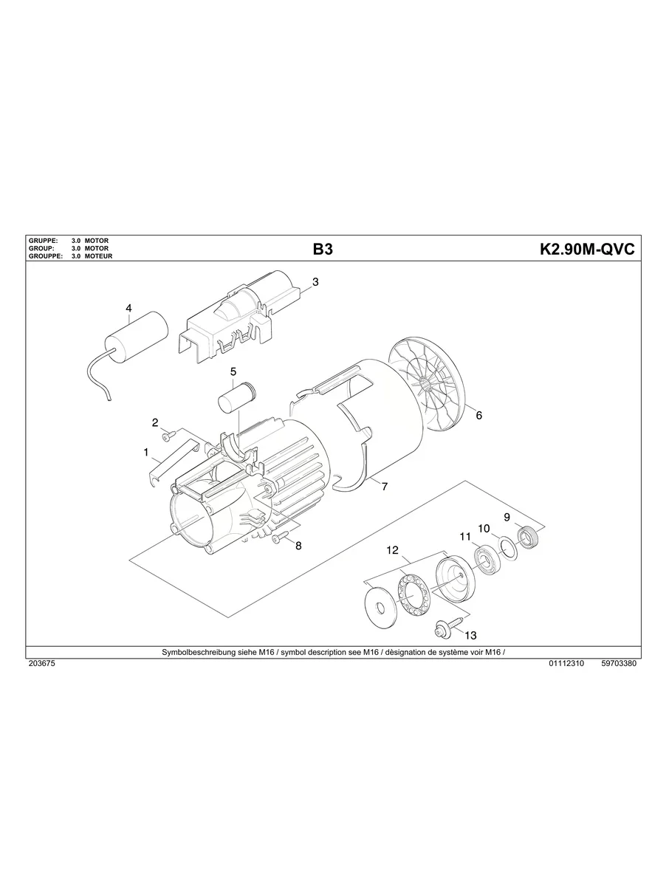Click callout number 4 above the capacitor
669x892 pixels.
[128, 308]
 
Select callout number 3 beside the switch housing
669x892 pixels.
[315, 282]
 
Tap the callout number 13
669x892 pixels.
[470, 635]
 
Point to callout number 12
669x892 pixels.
[392, 550]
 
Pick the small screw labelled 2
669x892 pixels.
[168, 433]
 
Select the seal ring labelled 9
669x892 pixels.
[528, 536]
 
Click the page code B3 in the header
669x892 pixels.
[323, 250]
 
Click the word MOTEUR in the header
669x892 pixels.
[98, 255]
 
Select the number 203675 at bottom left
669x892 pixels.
[41, 664]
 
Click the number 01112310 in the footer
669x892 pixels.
[567, 664]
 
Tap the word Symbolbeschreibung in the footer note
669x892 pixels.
[196, 653]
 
